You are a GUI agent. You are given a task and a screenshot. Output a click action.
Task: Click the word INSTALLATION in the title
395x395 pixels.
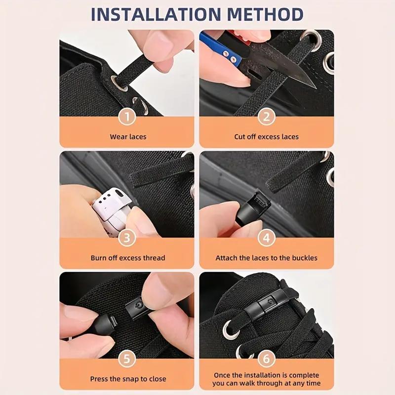(x=156, y=14)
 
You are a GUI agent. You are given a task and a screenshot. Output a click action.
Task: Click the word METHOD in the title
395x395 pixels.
(x=265, y=14)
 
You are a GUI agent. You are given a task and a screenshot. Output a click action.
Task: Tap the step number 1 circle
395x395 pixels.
(x=127, y=117)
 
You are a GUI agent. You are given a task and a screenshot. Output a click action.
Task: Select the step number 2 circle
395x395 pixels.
(x=267, y=117)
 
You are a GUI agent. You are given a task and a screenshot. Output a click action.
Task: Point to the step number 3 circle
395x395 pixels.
(x=127, y=238)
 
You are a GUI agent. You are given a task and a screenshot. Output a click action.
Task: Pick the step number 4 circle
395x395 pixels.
(x=267, y=238)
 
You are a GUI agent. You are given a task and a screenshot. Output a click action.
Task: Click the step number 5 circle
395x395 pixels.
(x=127, y=359)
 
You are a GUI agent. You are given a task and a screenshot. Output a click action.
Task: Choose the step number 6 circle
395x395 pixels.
(x=267, y=359)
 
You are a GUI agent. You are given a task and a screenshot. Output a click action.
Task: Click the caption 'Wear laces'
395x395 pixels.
(x=128, y=137)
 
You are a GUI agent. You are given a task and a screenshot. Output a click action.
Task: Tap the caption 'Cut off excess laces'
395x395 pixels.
(x=266, y=137)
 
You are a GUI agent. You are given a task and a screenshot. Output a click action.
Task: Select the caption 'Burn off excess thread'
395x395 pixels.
(x=128, y=258)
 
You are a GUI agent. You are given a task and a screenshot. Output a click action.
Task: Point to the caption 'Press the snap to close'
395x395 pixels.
(x=128, y=379)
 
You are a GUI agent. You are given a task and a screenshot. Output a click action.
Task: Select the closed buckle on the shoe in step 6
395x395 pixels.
(x=268, y=304)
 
